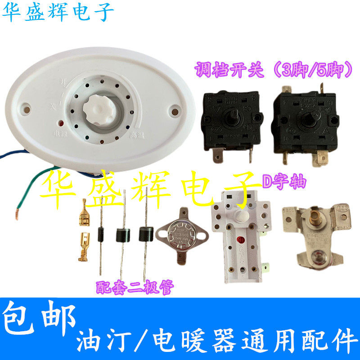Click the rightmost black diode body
pyautogui.click(x=145, y=233)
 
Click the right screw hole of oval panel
pyautogui.click(x=173, y=109)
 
